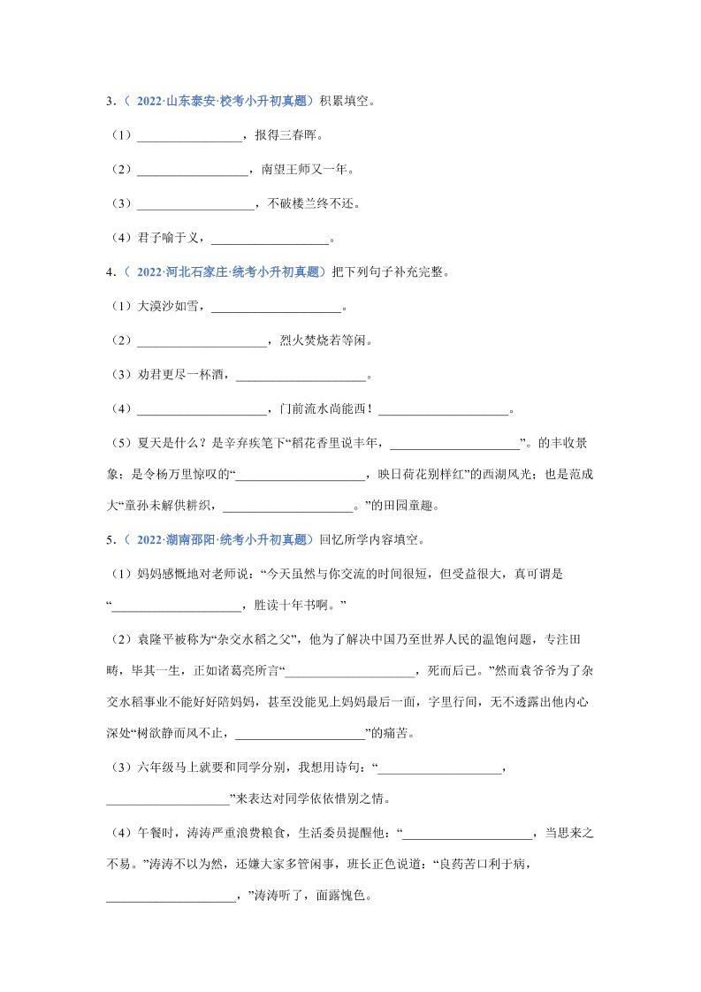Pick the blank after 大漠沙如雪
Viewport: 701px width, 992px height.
pos(277,307)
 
